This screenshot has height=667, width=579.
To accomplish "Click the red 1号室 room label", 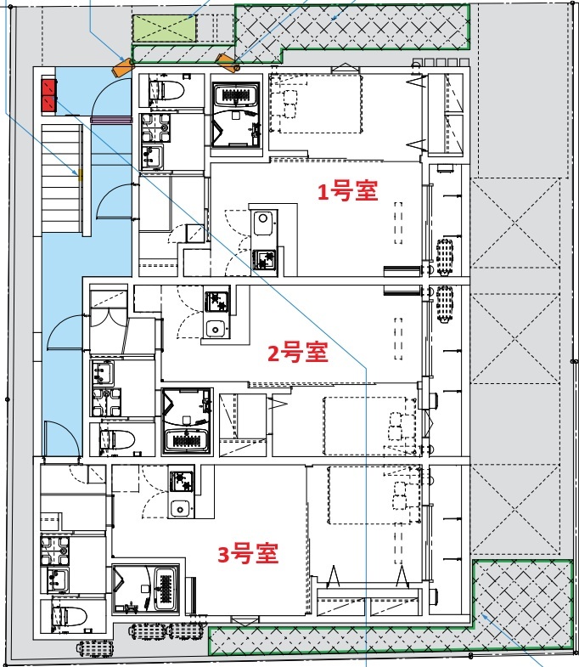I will click(347, 192).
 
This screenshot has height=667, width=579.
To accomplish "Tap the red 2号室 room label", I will click(297, 352).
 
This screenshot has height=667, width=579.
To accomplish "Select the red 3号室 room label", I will click(248, 555).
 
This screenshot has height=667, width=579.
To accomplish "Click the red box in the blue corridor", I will click(48, 95).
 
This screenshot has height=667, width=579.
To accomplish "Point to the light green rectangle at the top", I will click(165, 30).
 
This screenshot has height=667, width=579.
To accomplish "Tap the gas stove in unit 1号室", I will click(265, 259).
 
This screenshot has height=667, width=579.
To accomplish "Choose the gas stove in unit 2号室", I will click(214, 301).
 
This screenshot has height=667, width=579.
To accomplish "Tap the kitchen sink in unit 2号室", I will click(214, 329).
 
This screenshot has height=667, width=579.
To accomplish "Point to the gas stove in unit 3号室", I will click(181, 482).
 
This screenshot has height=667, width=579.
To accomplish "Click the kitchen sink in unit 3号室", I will click(180, 508).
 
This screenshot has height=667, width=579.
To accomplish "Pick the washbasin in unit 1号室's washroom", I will click(153, 156).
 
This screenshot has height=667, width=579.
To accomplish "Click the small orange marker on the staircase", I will click(81, 178).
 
